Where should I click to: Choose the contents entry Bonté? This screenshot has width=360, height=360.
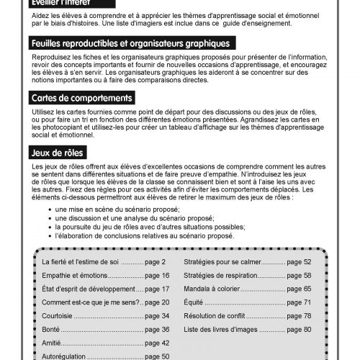(50, 328)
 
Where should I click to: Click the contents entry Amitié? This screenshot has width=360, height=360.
(52, 342)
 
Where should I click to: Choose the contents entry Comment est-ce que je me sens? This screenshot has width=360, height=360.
(86, 302)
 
